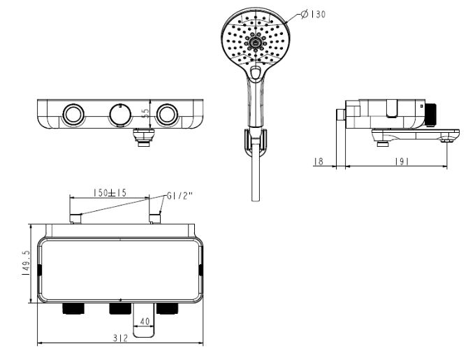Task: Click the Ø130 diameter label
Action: click(312, 14)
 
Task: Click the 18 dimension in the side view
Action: click(319, 161)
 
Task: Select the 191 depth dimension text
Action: click(400, 161)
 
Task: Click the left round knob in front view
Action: click(72, 113)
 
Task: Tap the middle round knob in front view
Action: click(120, 113)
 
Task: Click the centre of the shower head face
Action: click(256, 41)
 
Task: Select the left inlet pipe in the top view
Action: click(76, 219)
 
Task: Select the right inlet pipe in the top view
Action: click(155, 219)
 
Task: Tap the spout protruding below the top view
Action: click(144, 322)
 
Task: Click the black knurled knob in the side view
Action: click(431, 113)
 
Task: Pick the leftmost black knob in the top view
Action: click(72, 309)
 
